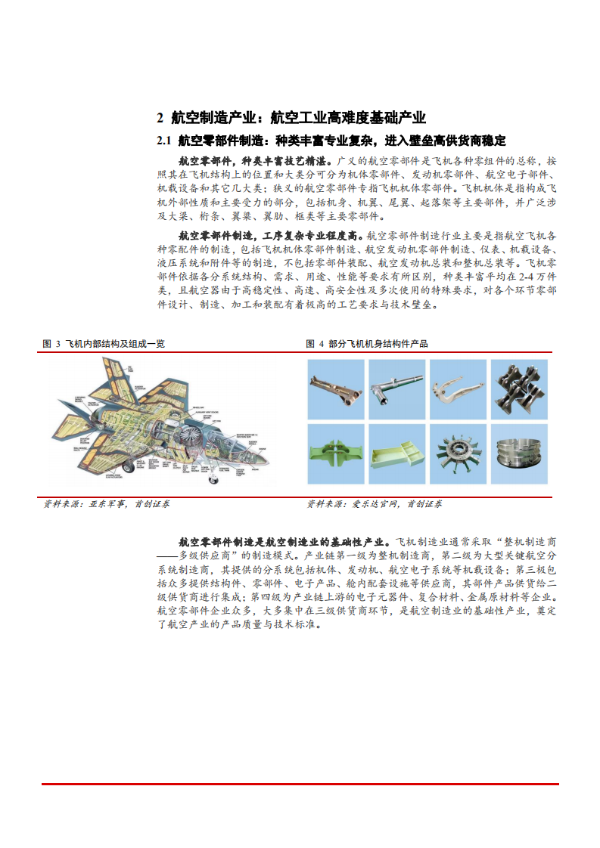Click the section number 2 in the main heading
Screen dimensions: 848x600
point(160,117)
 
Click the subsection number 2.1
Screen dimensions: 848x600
point(165,141)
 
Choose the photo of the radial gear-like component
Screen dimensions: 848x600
point(459,454)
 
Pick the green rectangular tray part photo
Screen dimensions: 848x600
point(397,454)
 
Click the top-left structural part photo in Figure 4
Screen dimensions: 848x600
point(336,388)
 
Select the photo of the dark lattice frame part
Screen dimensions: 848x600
point(520,388)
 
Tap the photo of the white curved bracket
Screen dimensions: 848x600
point(459,388)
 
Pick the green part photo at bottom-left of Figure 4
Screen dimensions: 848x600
point(336,454)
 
